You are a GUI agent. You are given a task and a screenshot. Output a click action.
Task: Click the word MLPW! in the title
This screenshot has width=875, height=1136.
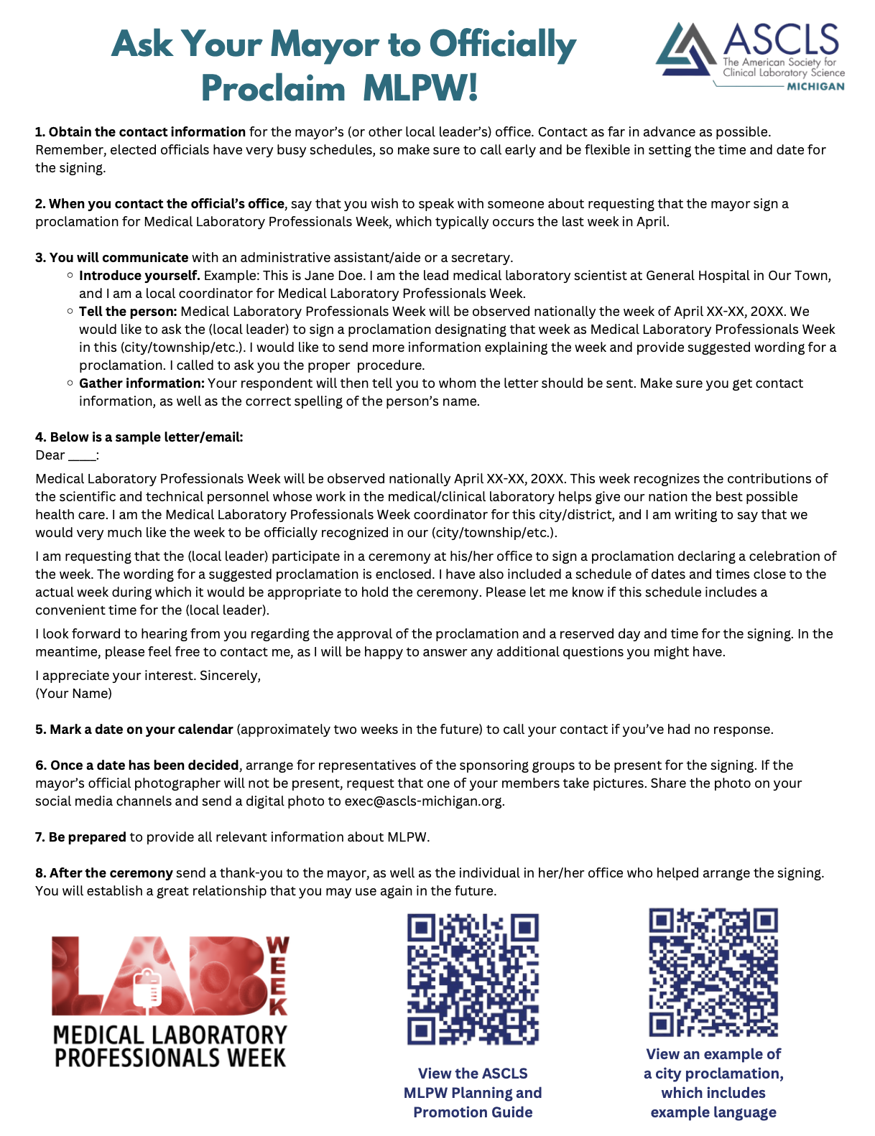(420, 89)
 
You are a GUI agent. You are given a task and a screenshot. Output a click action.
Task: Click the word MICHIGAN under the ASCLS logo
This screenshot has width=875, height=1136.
(816, 86)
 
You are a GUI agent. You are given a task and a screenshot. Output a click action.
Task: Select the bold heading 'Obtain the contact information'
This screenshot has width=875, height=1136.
(147, 132)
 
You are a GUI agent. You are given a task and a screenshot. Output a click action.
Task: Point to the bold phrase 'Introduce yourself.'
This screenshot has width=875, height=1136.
(139, 276)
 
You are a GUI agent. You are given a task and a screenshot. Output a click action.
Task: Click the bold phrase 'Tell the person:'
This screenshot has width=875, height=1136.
(128, 312)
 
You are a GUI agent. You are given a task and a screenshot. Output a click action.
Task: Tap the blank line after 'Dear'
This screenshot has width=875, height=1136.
(81, 456)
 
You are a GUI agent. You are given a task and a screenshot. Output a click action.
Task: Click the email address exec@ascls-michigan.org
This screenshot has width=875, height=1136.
(424, 801)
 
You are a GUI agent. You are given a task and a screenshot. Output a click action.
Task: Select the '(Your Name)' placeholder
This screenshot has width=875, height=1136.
(74, 694)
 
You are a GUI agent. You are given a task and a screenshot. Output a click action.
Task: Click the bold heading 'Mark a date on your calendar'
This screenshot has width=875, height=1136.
(142, 730)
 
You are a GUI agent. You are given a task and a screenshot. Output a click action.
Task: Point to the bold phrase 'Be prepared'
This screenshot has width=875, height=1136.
(87, 837)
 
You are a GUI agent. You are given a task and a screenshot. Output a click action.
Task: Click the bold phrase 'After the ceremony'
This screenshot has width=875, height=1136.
(111, 873)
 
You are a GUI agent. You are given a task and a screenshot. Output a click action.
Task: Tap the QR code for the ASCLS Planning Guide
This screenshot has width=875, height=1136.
(473, 979)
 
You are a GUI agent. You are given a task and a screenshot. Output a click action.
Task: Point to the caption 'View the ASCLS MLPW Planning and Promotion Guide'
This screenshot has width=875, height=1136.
(473, 1093)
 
